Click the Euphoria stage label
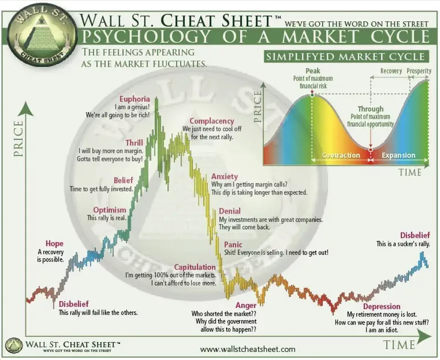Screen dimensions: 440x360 [135, 99]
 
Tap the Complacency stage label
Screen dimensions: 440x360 [212, 121]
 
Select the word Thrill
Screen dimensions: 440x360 [134, 143]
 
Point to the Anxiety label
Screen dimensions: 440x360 [224, 176]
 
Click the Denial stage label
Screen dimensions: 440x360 [230, 211]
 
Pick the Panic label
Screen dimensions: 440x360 [233, 244]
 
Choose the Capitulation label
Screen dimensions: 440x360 [195, 267]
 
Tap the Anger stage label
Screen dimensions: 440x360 [246, 305]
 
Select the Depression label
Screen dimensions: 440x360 [382, 306]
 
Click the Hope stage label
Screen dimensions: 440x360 [54, 243]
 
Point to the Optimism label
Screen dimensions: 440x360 [110, 210]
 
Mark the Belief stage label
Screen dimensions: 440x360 [123, 180]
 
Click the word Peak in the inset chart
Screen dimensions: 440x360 [313, 71]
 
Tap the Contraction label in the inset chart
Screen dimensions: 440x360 [341, 155]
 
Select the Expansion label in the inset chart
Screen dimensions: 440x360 [399, 155]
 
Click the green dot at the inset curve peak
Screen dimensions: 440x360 [312, 95]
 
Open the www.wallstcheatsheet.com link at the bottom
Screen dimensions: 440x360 [248, 349]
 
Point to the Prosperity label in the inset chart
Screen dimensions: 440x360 [419, 71]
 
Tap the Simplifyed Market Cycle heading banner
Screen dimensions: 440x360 [346, 56]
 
